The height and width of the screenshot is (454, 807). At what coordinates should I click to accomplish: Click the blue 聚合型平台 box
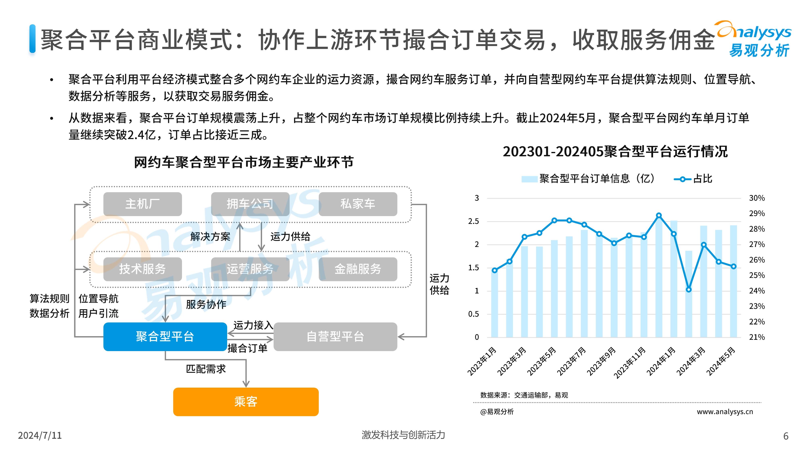tap(165, 337)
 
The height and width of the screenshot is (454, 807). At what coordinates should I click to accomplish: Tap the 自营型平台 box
tap(335, 337)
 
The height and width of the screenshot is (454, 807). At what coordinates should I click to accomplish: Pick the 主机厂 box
tap(143, 204)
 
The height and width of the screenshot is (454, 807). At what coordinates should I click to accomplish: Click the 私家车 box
tap(358, 204)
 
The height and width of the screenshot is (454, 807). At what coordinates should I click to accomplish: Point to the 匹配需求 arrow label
tap(206, 369)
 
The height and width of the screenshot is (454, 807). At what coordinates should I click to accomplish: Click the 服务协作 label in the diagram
tap(206, 304)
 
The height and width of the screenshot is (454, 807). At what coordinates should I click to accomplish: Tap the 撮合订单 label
tap(248, 348)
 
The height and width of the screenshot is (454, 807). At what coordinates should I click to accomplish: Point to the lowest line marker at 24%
tap(689, 290)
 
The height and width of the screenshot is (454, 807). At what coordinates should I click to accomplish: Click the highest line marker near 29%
tap(659, 215)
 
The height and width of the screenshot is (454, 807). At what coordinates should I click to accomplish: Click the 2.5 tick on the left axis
tap(473, 221)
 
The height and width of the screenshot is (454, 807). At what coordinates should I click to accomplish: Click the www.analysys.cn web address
tap(725, 412)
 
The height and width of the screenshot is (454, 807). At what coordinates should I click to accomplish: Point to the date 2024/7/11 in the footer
tap(40, 435)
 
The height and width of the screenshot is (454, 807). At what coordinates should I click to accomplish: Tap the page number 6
tap(786, 436)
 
